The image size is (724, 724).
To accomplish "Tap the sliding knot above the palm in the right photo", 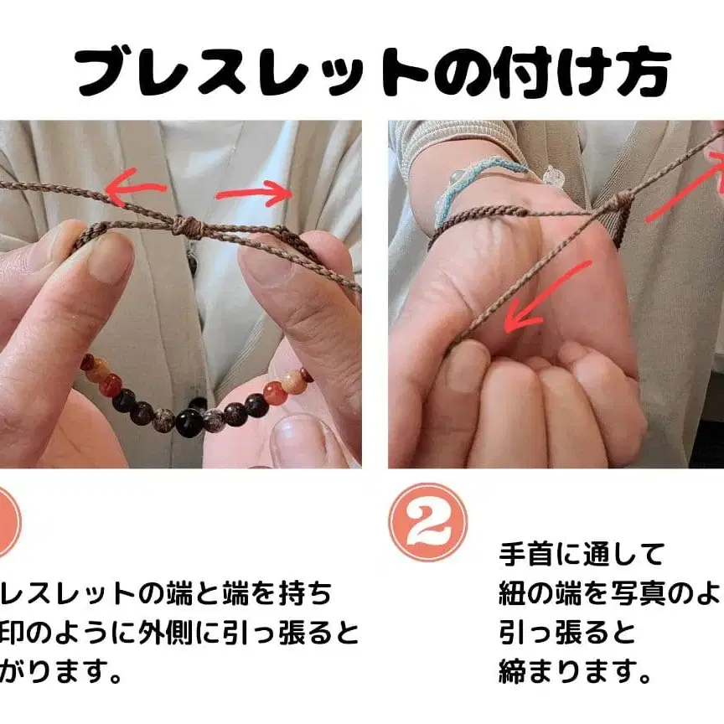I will pos(621,202).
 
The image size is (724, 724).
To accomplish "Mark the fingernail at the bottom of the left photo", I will pos(297,439).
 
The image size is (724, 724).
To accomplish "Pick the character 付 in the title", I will pos(523,72).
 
